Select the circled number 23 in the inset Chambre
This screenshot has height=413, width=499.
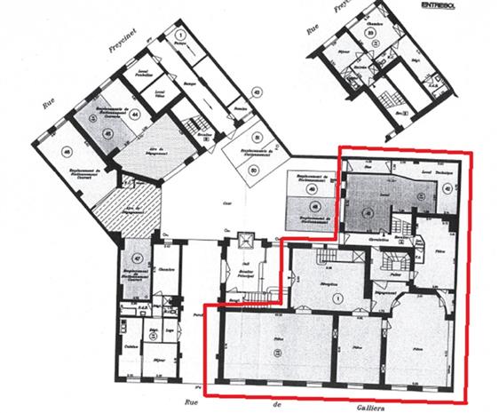coord(374,33)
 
